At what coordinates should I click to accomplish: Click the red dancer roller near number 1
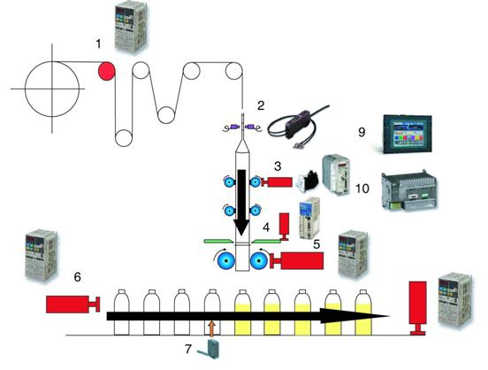(x=106, y=69)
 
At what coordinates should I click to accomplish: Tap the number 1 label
(x=99, y=42)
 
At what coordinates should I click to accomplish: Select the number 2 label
(x=261, y=105)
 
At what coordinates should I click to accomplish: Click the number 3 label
(x=277, y=166)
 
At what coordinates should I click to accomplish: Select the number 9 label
(x=362, y=134)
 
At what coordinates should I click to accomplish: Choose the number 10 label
(x=362, y=189)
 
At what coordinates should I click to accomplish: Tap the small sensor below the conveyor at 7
(x=214, y=349)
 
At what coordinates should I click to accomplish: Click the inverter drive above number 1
(x=132, y=24)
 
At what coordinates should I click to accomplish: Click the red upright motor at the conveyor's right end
(x=420, y=304)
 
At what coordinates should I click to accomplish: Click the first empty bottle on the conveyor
(x=118, y=304)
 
